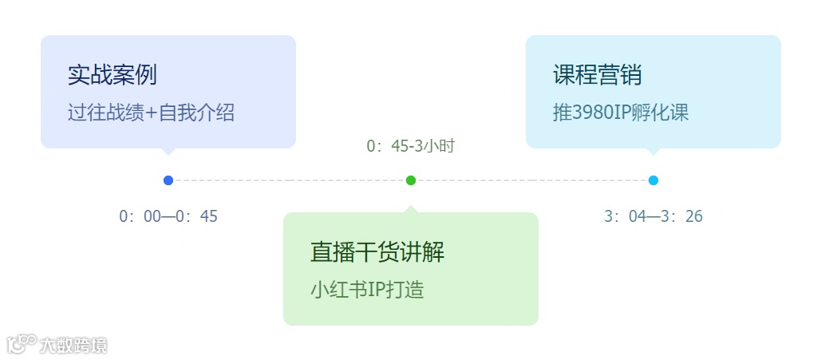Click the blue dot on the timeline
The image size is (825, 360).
pyautogui.click(x=168, y=180)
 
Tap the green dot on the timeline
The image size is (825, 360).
pyautogui.click(x=411, y=180)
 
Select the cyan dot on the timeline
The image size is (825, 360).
pyautogui.click(x=653, y=180)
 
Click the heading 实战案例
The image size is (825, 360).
pyautogui.click(x=112, y=75)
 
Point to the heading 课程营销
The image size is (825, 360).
pyautogui.click(x=597, y=75)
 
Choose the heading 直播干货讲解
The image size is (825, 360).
pyautogui.click(x=377, y=252)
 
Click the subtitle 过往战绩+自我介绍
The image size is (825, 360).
pyautogui.click(x=151, y=113)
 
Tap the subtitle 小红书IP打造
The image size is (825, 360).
pyautogui.click(x=366, y=290)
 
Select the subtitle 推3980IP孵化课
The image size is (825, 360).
pyautogui.click(x=620, y=113)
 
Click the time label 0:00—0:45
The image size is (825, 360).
pyautogui.click(x=168, y=216)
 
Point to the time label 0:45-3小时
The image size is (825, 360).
pyautogui.click(x=411, y=146)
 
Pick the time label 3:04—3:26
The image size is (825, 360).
pyautogui.click(x=653, y=216)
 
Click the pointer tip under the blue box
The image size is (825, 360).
pyautogui.click(x=168, y=152)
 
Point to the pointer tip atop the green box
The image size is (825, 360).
pyautogui.click(x=411, y=208)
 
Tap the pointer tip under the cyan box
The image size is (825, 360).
pyautogui.click(x=653, y=152)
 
